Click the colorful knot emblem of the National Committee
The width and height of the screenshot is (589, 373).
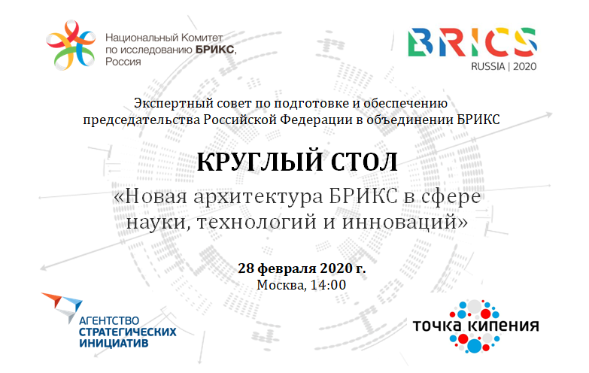pos(70,45)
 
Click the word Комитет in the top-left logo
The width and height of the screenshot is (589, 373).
pos(202,38)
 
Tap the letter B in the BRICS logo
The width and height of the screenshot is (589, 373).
pos(421,42)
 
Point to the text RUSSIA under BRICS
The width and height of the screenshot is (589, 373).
pos(488,66)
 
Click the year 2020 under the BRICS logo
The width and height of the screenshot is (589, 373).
pos(524,66)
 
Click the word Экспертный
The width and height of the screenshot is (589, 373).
pos(164,104)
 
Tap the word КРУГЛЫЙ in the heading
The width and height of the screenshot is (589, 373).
pos(260,162)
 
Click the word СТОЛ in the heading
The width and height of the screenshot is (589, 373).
pos(363,162)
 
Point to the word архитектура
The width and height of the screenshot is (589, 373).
pos(258,197)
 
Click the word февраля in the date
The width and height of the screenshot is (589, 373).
pos(287,268)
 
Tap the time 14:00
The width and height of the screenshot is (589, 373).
pos(328,285)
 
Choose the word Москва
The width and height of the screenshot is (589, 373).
pos(281,286)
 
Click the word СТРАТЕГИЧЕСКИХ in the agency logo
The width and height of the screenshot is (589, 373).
pos(128,332)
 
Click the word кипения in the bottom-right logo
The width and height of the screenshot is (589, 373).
pos(505,326)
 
